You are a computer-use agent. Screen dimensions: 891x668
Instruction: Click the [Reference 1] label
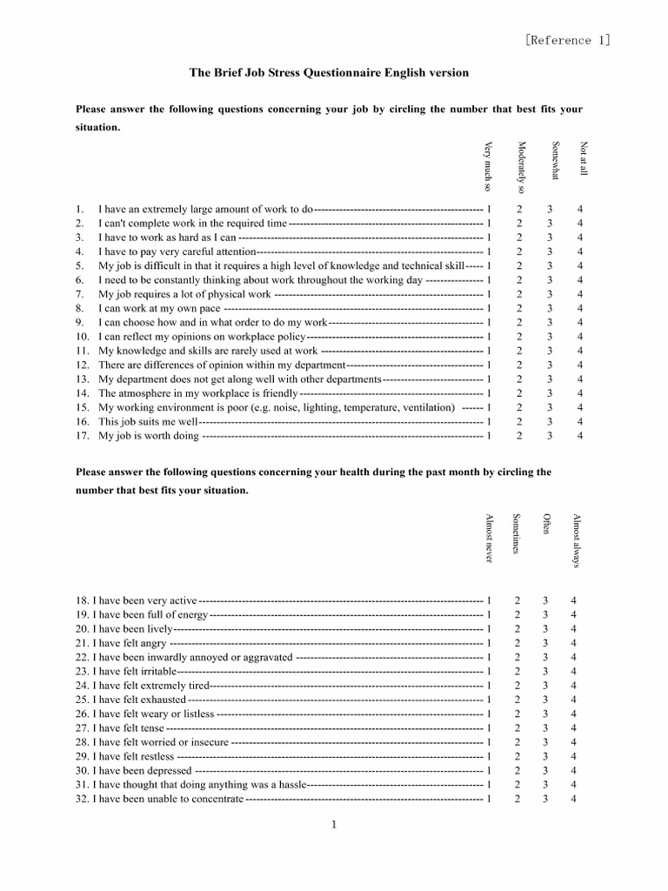click(568, 40)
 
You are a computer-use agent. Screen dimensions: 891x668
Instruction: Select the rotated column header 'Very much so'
click(489, 166)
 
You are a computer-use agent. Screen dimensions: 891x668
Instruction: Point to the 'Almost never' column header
click(489, 539)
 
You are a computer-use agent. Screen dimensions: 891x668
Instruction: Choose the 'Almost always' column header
click(575, 540)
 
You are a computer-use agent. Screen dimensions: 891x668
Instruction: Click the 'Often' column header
click(546, 525)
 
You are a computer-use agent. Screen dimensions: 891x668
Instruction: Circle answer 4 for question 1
click(580, 210)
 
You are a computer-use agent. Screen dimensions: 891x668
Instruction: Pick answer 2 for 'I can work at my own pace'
click(519, 308)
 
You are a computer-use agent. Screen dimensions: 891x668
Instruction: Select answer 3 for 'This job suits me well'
click(550, 421)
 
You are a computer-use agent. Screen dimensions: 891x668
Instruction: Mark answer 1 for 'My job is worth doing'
click(489, 436)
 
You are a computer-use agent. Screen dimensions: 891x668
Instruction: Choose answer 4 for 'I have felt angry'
click(573, 643)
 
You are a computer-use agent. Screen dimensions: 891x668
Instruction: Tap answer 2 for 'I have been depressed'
click(517, 770)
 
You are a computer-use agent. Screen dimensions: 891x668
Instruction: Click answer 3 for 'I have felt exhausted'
click(545, 700)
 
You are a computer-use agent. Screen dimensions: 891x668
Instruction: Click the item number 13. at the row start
click(82, 379)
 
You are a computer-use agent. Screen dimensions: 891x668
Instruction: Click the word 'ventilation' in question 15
click(427, 407)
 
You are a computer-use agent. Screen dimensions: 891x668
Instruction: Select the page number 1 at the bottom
click(333, 826)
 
